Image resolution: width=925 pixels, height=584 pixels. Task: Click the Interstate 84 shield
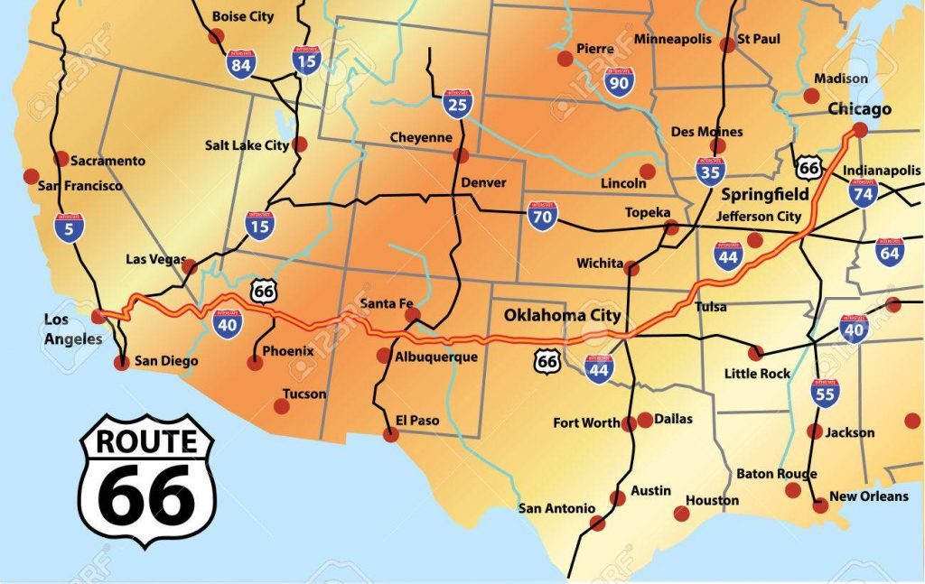tap(240, 64)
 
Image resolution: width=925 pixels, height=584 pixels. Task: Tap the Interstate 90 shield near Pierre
tap(620, 81)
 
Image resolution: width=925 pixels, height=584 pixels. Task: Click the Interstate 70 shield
tap(542, 216)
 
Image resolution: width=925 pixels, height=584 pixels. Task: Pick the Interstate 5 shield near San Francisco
tap(66, 228)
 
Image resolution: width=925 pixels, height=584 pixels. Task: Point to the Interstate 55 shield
tap(825, 394)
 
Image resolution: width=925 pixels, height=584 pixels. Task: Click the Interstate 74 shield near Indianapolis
tap(864, 193)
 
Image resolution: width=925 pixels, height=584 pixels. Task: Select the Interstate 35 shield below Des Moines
tap(709, 171)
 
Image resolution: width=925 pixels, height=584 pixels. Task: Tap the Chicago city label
tap(858, 109)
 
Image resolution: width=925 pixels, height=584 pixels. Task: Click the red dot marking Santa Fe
tap(413, 315)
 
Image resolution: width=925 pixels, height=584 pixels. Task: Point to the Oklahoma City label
tap(562, 315)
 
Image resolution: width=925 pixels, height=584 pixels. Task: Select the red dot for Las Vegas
tap(190, 265)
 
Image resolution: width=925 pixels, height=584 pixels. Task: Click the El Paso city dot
tap(390, 434)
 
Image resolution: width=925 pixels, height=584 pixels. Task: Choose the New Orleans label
tap(868, 496)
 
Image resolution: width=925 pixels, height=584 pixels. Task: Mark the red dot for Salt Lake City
tap(301, 144)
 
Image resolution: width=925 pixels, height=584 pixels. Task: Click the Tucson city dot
tap(282, 406)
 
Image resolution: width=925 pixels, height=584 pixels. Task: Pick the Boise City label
tap(242, 16)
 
